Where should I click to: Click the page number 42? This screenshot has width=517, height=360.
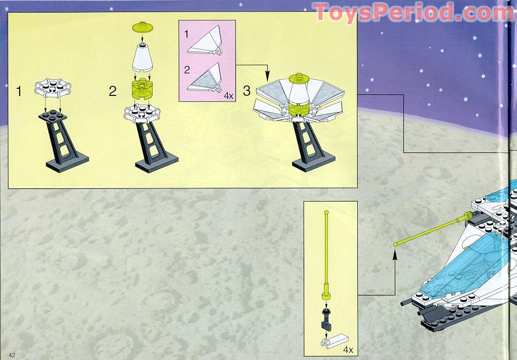click(x=12, y=355)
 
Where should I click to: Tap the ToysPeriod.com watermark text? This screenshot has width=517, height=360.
click(x=413, y=13)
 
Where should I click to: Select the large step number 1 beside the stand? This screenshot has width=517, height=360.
click(x=19, y=91)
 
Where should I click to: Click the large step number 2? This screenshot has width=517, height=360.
click(x=113, y=91)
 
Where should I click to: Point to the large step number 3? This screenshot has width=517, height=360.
click(x=247, y=90)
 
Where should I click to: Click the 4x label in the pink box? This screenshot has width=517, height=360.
click(x=228, y=96)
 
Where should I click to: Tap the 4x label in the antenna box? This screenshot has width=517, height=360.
click(x=348, y=349)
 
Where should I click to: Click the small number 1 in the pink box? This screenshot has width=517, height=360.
click(x=186, y=34)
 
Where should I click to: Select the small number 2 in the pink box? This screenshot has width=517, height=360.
click(x=187, y=70)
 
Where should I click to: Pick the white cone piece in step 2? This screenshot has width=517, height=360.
click(x=143, y=58)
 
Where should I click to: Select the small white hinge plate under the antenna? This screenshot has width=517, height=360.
click(x=335, y=340)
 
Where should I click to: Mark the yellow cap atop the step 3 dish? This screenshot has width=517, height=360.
click(x=299, y=78)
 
